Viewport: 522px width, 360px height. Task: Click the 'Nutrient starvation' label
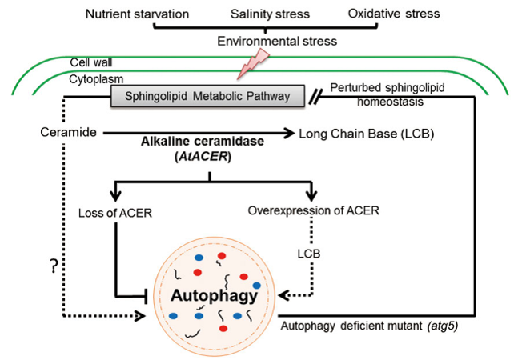137,14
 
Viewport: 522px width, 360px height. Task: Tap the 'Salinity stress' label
271,14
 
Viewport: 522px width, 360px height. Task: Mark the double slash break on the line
319,98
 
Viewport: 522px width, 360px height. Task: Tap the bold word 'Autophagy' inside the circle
213,297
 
